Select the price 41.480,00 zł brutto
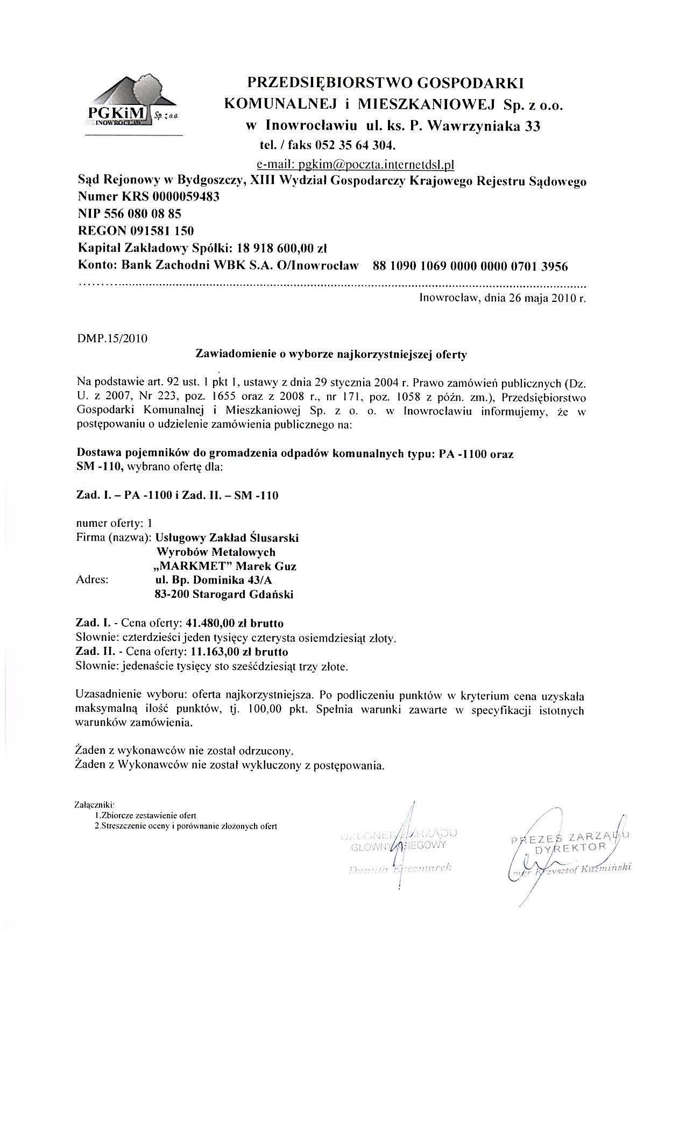point(235,623)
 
